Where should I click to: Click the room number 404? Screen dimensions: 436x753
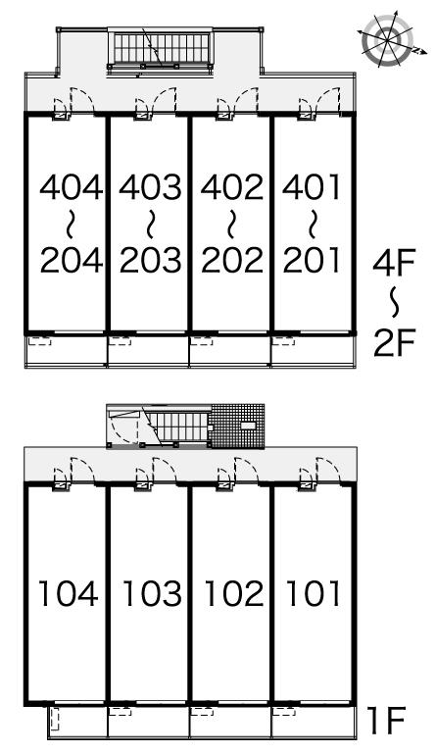coord(71,187)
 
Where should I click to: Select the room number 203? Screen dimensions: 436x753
coord(151,260)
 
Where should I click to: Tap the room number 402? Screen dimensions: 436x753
coord(232,187)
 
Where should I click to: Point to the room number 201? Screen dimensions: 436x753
coord(312,260)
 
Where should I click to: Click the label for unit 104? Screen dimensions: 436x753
coord(69,593)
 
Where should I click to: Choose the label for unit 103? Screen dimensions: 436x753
coord(152,593)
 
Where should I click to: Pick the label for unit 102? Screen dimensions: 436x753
coord(234,593)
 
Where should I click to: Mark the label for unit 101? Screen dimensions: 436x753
coord(313,593)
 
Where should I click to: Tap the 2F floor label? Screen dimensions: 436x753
coord(393,343)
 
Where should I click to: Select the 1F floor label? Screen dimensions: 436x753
coord(386,721)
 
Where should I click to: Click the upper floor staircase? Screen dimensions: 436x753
coord(160,48)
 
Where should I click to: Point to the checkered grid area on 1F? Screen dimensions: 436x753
coord(238,426)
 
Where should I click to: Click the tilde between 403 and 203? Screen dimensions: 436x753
coord(151,224)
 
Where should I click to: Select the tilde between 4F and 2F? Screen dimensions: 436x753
coord(394,304)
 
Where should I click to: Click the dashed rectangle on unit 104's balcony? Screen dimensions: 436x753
coord(55,719)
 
